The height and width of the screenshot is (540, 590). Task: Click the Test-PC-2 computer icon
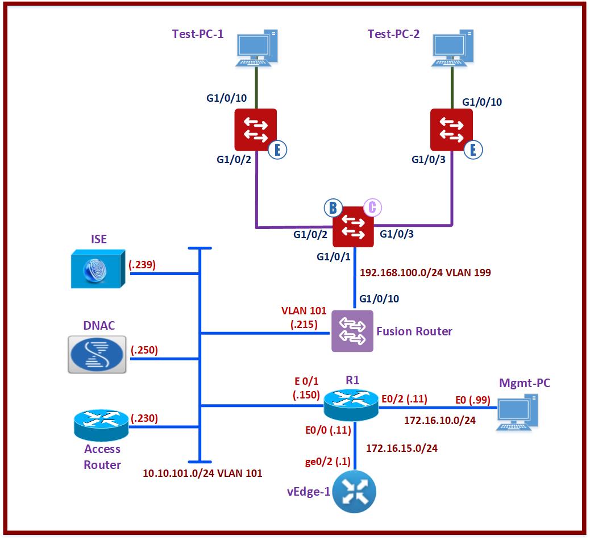click(x=452, y=48)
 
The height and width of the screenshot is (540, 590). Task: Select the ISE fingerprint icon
click(x=96, y=270)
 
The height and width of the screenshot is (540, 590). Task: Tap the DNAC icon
click(x=96, y=354)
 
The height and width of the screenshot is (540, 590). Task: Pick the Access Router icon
click(x=102, y=426)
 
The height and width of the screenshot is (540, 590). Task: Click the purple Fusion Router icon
click(x=352, y=331)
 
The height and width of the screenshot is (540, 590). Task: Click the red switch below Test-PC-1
click(x=255, y=129)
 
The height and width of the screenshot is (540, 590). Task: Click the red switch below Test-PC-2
click(x=451, y=129)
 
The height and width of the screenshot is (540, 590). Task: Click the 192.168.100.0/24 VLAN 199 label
click(x=426, y=272)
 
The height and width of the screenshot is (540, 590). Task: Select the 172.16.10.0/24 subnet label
click(x=440, y=421)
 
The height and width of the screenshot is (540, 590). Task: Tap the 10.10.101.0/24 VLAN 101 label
click(x=202, y=472)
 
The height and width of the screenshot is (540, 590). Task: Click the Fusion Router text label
click(x=414, y=331)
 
